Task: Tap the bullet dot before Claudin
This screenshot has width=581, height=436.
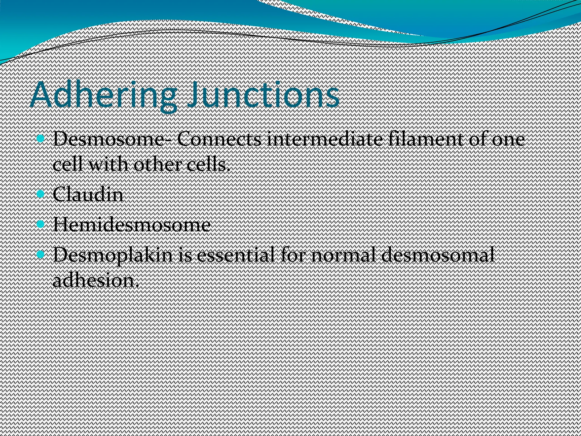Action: [x=41, y=194]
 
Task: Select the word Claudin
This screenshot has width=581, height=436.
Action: [x=88, y=195]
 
